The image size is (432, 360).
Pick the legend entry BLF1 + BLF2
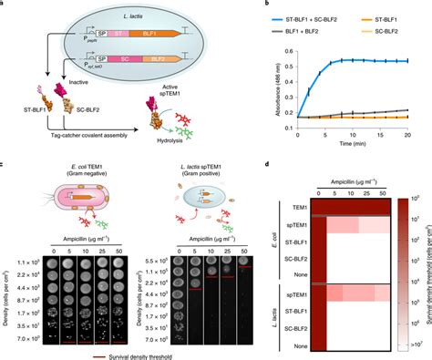289,18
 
